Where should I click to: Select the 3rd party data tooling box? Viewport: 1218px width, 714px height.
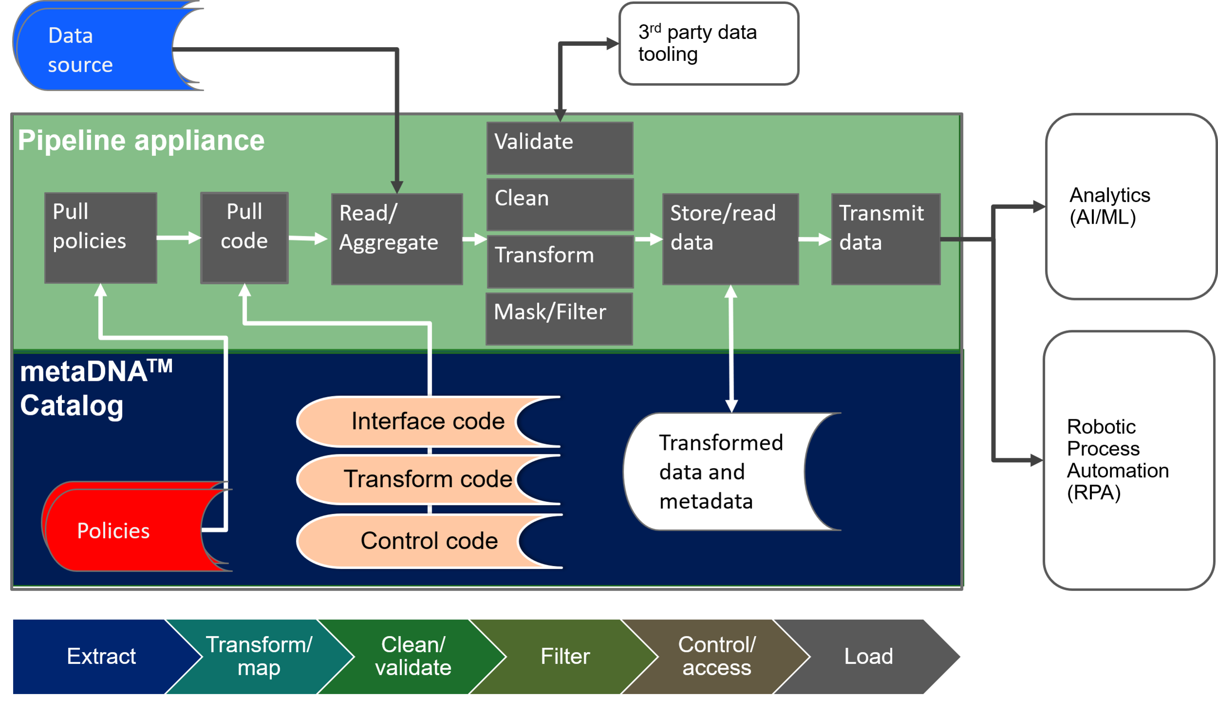(708, 43)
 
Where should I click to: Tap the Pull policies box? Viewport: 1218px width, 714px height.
(101, 238)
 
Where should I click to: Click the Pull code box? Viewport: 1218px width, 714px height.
(245, 238)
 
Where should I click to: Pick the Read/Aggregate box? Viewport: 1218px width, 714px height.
(397, 239)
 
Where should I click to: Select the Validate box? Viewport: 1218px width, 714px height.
(560, 148)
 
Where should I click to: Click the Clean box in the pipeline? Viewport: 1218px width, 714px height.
(560, 204)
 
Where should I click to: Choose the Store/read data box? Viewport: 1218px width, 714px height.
(730, 239)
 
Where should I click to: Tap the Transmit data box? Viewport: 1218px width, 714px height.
(885, 239)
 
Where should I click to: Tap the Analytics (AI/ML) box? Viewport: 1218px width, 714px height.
(1130, 206)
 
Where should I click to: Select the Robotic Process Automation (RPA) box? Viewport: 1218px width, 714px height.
(1128, 460)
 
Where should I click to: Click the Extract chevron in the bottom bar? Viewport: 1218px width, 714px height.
(97, 656)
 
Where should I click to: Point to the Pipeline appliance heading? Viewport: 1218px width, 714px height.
(141, 140)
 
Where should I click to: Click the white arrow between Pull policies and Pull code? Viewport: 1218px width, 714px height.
(178, 238)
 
